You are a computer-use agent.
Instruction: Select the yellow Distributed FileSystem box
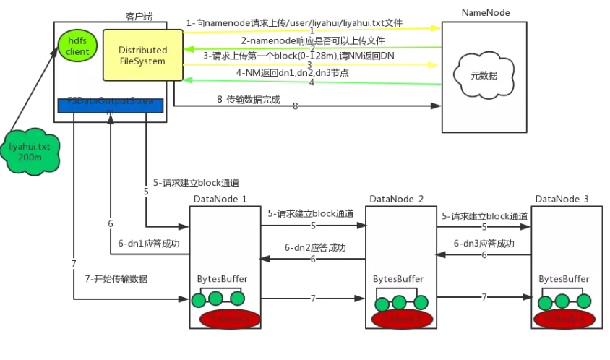click(143, 56)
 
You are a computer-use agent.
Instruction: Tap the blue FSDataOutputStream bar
click(111, 106)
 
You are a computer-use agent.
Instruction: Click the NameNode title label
click(484, 12)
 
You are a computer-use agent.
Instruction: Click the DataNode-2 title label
click(397, 199)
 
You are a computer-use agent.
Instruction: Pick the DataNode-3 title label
click(562, 199)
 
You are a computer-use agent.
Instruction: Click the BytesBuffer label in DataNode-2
click(398, 278)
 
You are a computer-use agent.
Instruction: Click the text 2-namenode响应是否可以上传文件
click(312, 40)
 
